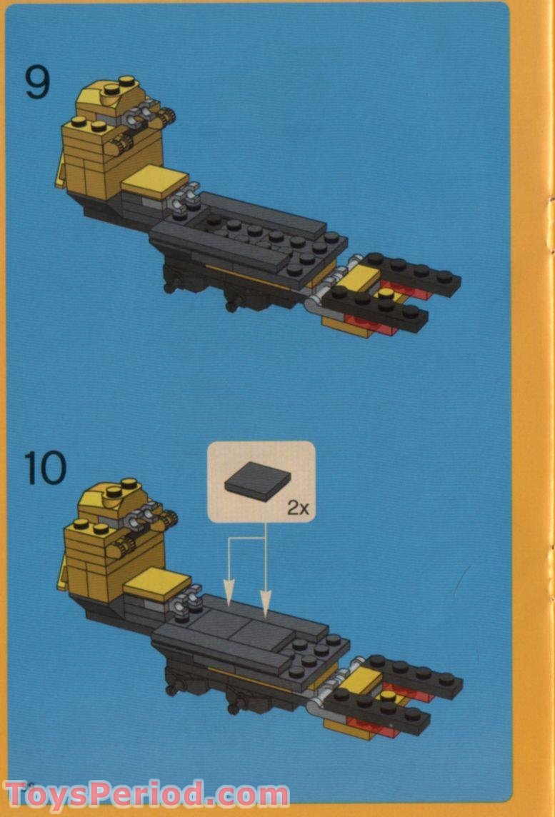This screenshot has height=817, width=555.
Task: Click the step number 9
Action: click(38, 82)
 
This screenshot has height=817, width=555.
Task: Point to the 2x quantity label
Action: click(297, 508)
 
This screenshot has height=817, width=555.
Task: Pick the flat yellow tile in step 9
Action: click(155, 181)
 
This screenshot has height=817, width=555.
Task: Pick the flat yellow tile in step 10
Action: click(157, 586)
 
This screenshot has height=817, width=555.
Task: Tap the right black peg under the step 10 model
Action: click(234, 707)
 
